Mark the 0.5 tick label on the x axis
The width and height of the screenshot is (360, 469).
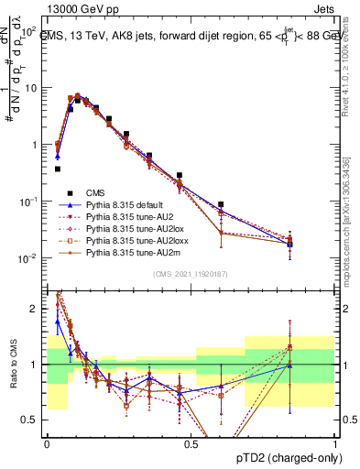191,443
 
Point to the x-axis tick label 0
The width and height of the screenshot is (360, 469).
47,443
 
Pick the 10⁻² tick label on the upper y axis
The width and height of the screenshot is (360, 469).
29,259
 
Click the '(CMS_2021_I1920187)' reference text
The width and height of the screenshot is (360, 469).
191,272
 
